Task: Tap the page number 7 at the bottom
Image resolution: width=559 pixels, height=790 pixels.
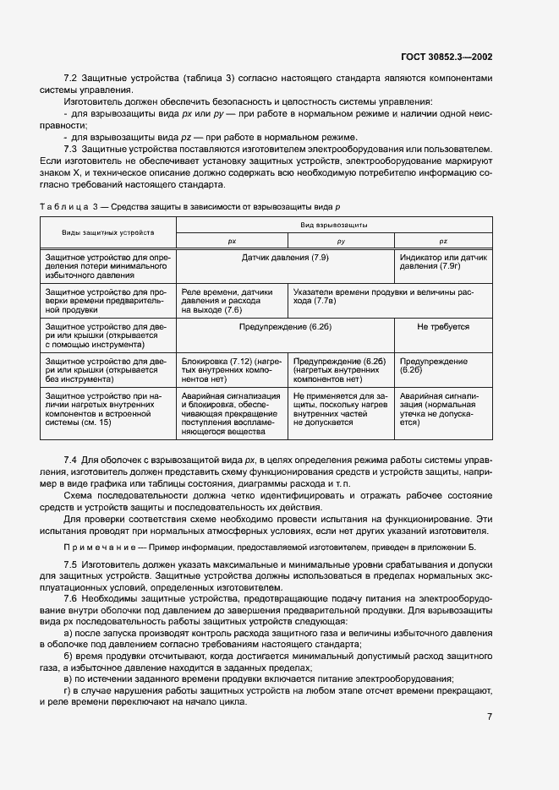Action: point(490,716)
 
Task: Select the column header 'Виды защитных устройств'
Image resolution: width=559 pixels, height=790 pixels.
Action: point(107,232)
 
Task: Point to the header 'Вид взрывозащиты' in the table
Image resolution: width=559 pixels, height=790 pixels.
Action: point(336,226)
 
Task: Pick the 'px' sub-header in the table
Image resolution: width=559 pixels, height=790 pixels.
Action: point(232,241)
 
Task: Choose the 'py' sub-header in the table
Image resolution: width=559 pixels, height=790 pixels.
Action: point(341,241)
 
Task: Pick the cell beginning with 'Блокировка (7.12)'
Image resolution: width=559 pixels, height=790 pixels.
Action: point(230,369)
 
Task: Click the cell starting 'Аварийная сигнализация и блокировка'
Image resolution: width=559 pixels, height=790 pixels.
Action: point(230,413)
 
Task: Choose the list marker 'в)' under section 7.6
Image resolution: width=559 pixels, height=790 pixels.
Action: point(69,679)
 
